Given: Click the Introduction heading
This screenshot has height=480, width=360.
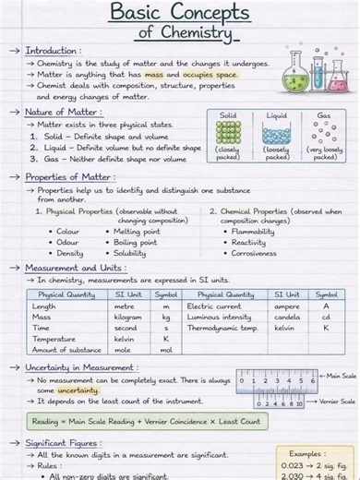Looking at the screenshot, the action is (x=53, y=51).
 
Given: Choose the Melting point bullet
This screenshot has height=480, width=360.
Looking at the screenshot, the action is (x=137, y=232).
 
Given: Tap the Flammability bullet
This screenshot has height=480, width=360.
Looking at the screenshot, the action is (x=254, y=232).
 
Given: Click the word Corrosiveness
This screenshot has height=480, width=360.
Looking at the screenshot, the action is (x=254, y=253).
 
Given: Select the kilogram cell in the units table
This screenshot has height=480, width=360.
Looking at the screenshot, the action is (x=128, y=317).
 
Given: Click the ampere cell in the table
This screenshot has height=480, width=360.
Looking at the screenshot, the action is (x=287, y=306).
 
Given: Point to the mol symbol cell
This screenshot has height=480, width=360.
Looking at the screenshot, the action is (x=166, y=350).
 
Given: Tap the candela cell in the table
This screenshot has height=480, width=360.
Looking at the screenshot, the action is (x=287, y=317).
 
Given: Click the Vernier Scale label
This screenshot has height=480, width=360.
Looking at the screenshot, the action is (x=336, y=402).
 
